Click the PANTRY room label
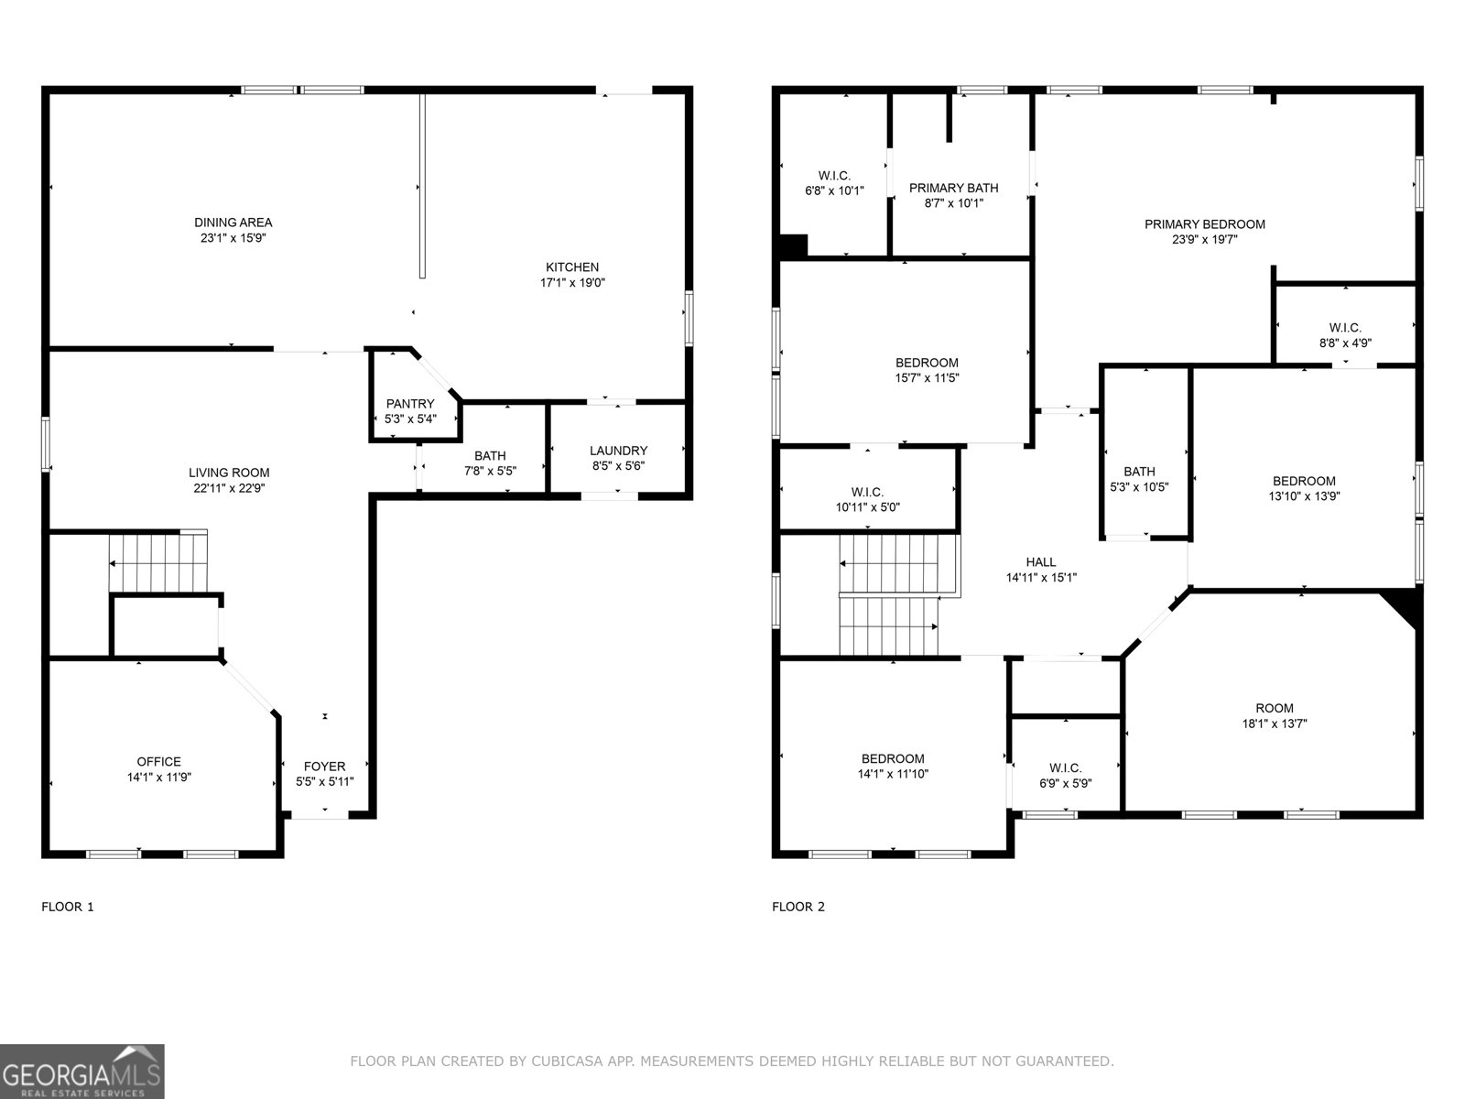tap(410, 404)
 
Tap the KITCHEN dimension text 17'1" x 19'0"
tap(572, 283)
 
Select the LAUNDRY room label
tap(618, 451)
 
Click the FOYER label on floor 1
tap(324, 767)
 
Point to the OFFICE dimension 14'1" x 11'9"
tap(159, 777)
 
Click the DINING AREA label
tap(233, 223)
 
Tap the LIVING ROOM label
tap(229, 473)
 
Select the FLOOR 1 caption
tap(68, 907)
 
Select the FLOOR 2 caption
tap(798, 907)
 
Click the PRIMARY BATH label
tap(953, 188)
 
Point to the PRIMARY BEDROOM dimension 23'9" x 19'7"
tap(1205, 239)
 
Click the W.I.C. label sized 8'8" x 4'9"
tap(1345, 328)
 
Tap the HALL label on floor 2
tap(1041, 562)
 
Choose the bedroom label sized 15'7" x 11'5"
tap(927, 363)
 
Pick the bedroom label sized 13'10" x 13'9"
tap(1304, 481)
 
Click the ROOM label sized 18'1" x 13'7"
tap(1275, 708)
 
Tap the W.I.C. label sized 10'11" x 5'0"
tap(867, 492)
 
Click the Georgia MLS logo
tap(82, 1071)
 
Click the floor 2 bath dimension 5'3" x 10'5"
tap(1140, 487)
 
